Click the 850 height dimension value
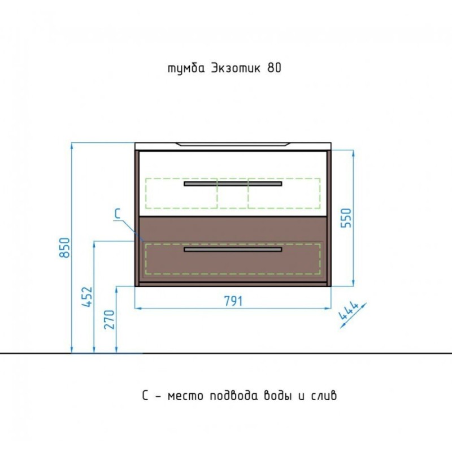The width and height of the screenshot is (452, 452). (x=64, y=247)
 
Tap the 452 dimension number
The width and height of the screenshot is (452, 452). (x=87, y=297)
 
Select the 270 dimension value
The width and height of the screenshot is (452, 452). (x=109, y=319)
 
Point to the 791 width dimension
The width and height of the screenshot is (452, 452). (x=233, y=301)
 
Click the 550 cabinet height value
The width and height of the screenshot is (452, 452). (x=346, y=218)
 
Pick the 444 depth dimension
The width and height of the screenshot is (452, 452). (x=349, y=311)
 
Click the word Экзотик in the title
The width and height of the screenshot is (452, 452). (x=236, y=68)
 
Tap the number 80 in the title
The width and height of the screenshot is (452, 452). (x=275, y=68)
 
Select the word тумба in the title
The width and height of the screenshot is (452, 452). (x=186, y=69)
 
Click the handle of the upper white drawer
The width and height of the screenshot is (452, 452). (x=233, y=184)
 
